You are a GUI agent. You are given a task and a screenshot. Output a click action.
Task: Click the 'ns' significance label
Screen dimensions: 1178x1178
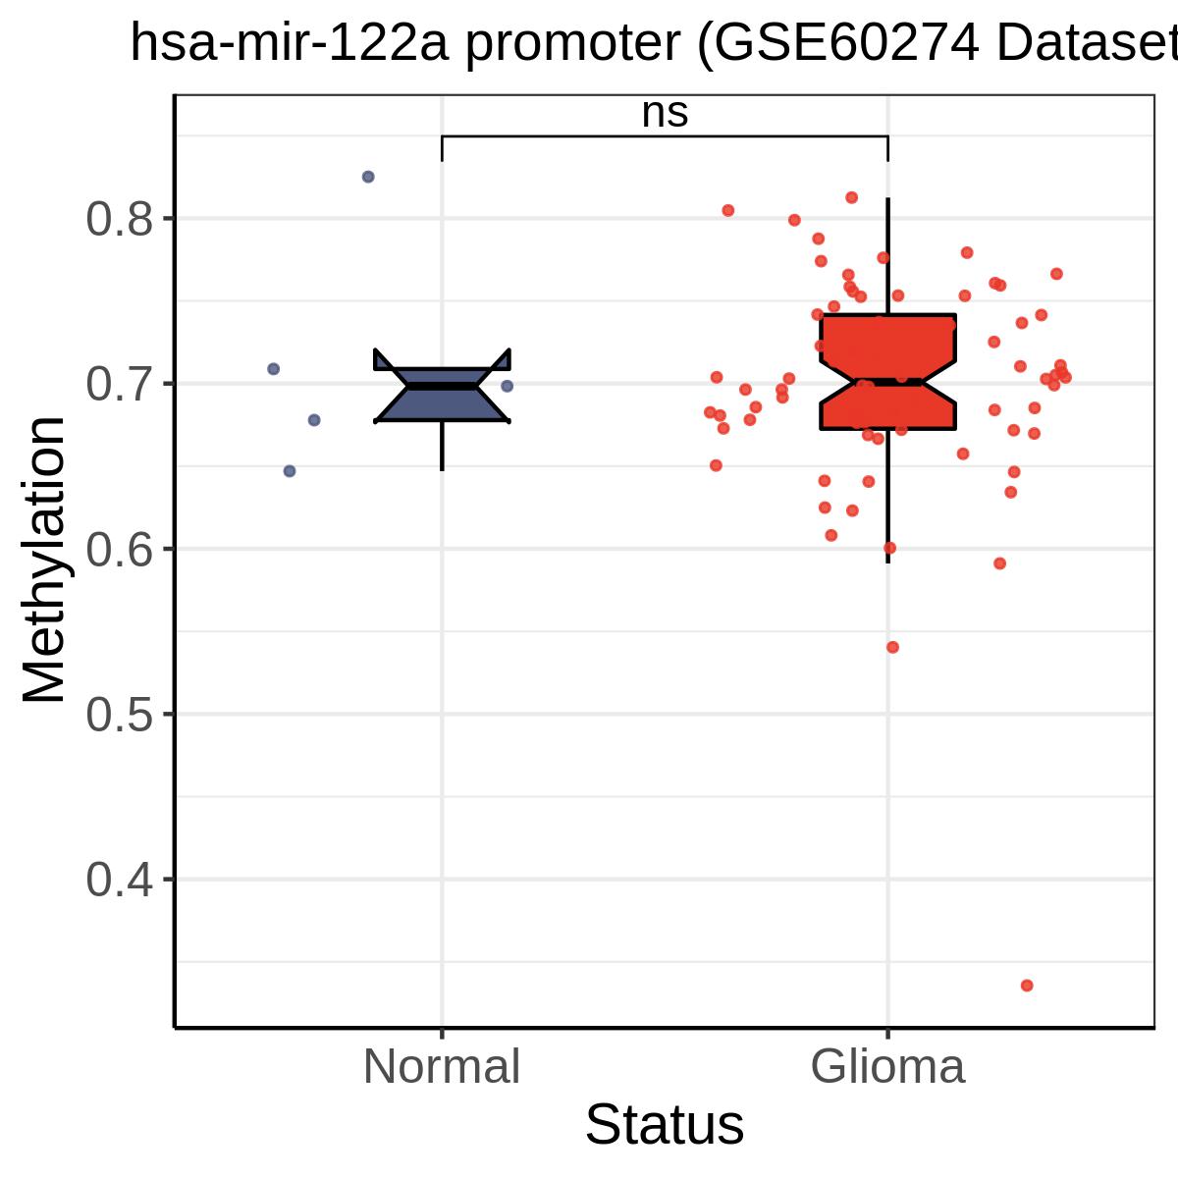pos(665,113)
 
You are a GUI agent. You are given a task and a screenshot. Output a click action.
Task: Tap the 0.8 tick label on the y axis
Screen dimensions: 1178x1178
pos(119,219)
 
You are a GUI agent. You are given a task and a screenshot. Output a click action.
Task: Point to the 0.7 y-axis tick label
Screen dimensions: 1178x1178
pos(119,384)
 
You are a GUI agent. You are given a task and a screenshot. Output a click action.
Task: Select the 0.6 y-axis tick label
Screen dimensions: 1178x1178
pos(119,549)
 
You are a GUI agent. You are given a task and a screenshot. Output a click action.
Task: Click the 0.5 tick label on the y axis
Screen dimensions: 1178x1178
pos(119,714)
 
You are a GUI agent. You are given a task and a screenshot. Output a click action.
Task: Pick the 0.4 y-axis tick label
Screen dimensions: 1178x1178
pos(119,880)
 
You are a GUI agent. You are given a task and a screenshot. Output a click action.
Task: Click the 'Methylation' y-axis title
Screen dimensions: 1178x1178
pos(43,559)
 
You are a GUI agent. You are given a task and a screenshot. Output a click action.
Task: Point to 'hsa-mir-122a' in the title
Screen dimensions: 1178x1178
pos(290,44)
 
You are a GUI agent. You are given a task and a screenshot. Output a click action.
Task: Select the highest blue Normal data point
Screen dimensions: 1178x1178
pos(368,177)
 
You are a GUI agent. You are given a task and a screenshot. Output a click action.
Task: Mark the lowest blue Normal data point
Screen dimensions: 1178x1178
pos(290,471)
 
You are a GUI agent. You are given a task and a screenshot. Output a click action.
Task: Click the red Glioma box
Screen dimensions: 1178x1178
pos(887,372)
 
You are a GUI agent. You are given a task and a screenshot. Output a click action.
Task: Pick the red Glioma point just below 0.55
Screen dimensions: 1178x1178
pos(892,647)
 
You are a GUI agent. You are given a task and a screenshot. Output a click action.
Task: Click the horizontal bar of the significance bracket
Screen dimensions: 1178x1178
pos(665,136)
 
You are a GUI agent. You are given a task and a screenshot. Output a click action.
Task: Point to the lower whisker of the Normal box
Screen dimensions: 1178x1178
pos(442,447)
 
